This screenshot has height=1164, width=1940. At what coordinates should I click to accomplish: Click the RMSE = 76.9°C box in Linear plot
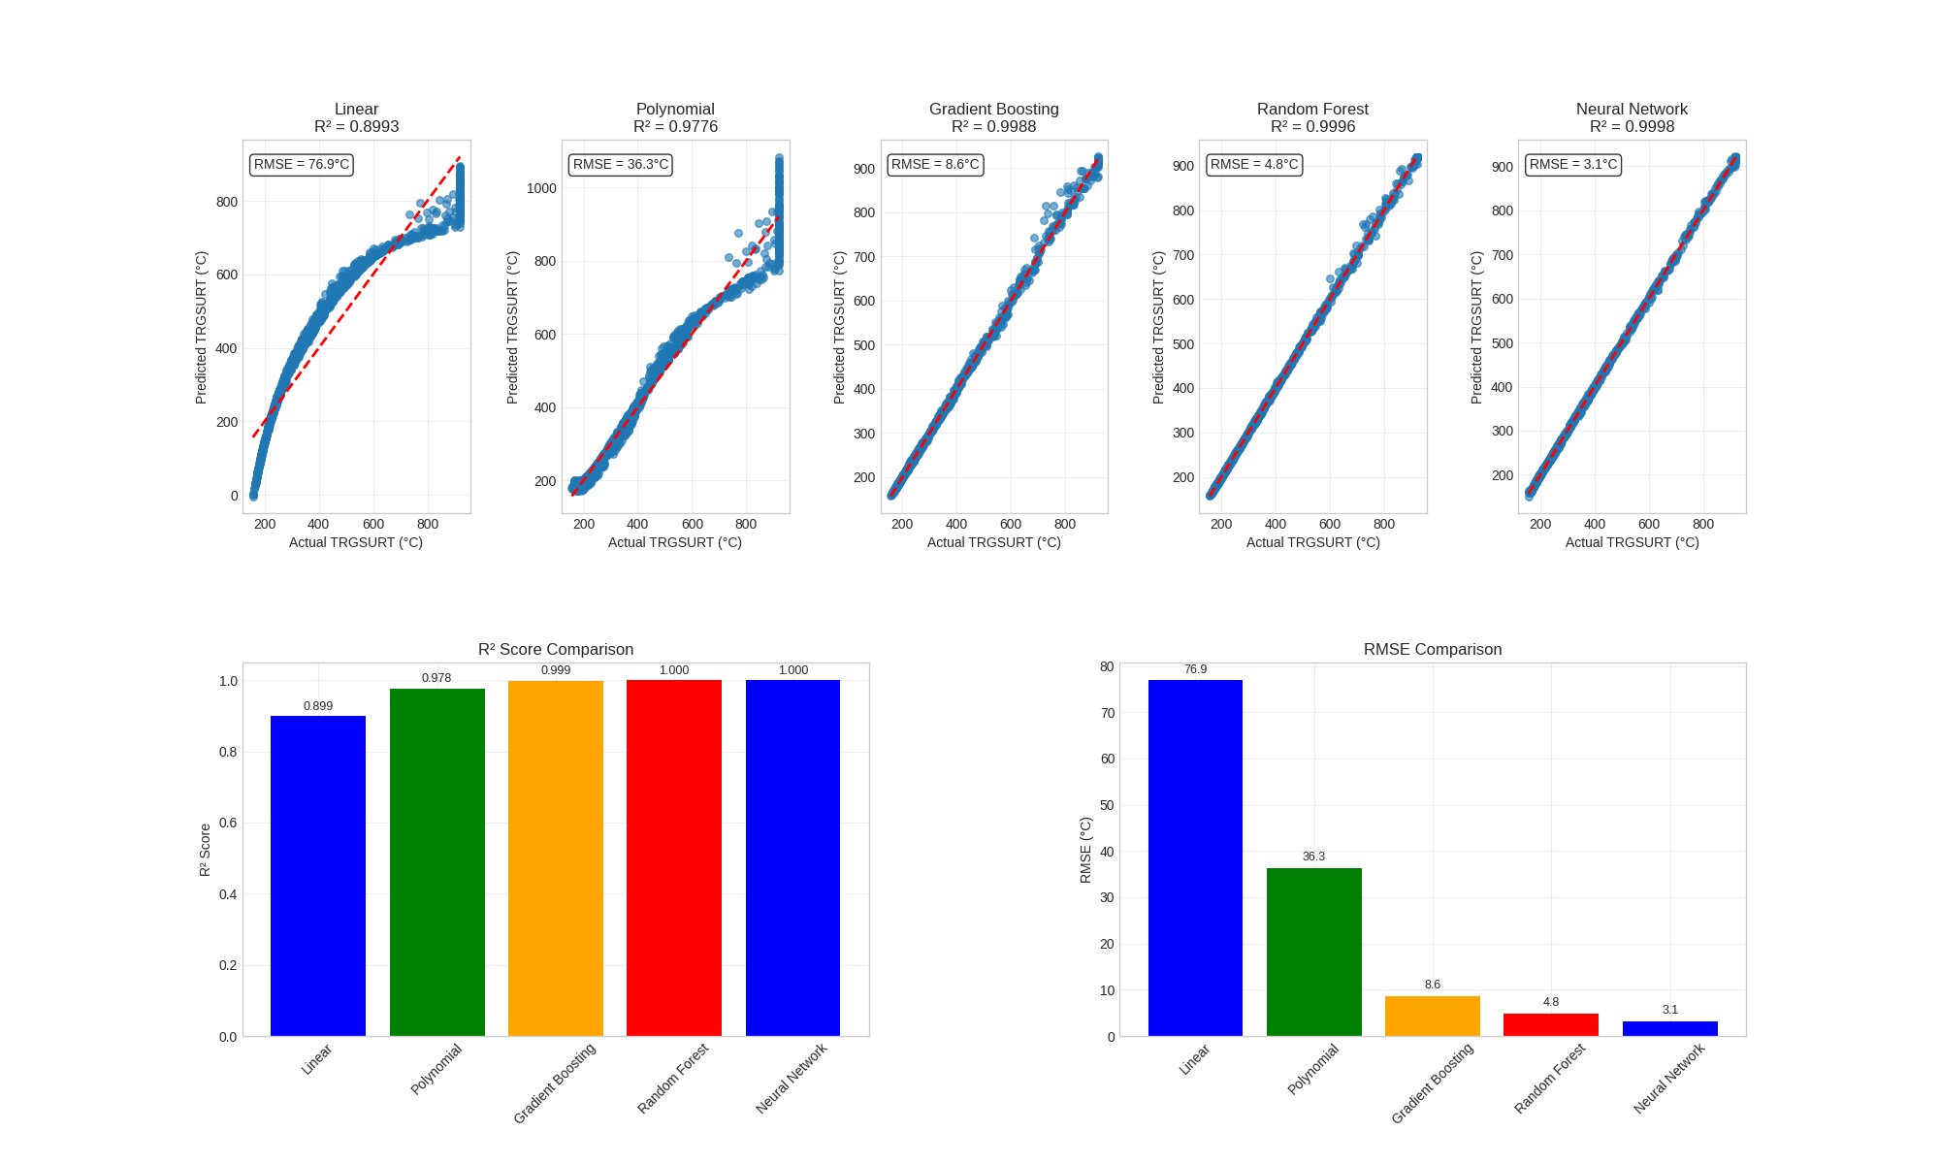[x=301, y=165]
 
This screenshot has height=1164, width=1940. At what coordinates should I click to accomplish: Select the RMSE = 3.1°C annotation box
[x=1573, y=165]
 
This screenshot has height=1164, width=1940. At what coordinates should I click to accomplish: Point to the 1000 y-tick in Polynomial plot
[x=541, y=188]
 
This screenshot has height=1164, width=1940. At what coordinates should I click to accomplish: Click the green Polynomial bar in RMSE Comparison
[x=1313, y=951]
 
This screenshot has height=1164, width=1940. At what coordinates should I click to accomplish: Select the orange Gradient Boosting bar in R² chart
[x=555, y=858]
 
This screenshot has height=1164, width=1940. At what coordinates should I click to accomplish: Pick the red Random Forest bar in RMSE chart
[x=1550, y=1024]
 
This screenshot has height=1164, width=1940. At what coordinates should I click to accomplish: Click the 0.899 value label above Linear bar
[x=317, y=706]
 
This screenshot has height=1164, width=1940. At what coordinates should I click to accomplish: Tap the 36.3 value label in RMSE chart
[x=1313, y=857]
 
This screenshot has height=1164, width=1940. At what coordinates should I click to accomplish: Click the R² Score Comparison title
[x=556, y=650]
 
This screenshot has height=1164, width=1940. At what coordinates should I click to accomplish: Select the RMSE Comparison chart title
[x=1432, y=650]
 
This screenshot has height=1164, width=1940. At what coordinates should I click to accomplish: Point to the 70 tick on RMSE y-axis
[x=1107, y=713]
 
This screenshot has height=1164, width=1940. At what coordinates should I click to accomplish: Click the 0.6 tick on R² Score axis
[x=228, y=824]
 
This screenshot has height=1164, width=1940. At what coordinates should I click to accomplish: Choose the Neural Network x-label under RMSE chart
[x=1668, y=1079]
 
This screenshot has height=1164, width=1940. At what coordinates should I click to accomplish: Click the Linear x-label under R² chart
[x=317, y=1059]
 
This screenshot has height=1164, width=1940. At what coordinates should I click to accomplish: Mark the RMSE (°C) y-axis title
[x=1085, y=850]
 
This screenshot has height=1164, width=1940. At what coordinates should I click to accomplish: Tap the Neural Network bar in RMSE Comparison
[x=1669, y=1028]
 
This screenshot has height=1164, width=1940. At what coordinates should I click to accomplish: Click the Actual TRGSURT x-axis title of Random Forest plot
[x=1312, y=542]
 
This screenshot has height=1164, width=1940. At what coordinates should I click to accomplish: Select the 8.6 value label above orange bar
[x=1432, y=985]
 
